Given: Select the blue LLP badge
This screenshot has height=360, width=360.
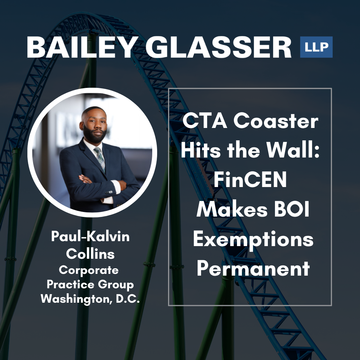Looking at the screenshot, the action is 316,47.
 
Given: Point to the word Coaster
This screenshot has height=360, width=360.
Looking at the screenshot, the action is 276,121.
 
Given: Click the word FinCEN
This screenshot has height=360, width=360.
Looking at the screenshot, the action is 250,179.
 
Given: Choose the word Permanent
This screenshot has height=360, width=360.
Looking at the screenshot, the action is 253,268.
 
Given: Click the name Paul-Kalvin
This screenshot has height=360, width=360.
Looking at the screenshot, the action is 90,236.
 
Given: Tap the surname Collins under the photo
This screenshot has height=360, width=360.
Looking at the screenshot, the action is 90,253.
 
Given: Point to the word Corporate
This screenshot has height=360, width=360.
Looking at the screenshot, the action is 89,270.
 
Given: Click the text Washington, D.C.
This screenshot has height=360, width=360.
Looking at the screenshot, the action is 90,299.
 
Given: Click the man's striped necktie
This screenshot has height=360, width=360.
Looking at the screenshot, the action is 100,158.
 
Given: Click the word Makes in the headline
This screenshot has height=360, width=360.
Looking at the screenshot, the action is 232,209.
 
